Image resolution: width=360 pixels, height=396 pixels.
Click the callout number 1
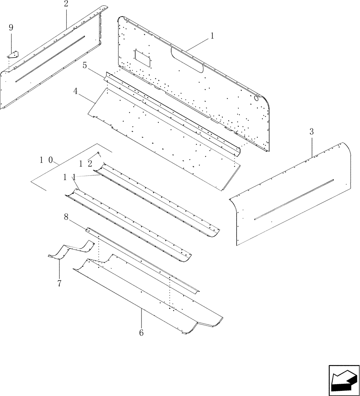pos(212,36)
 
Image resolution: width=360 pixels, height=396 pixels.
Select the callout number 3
pos(312,132)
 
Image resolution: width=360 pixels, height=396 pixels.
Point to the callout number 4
pos(75,91)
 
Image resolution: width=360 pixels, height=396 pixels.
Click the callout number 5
pos(85,65)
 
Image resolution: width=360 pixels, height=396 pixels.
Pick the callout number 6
pos(141,333)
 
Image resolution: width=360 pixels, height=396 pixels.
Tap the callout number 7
pos(59,284)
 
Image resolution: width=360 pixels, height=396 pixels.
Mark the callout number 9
pos(11,27)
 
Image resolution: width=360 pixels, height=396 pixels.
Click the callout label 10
pos(47,160)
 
